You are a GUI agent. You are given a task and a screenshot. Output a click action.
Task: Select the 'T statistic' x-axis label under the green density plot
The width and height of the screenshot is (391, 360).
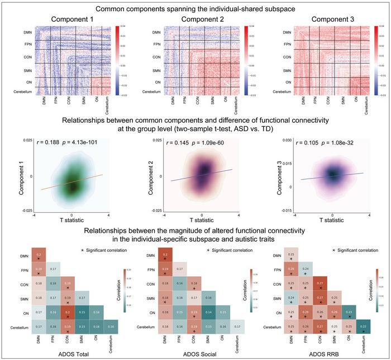[71, 219]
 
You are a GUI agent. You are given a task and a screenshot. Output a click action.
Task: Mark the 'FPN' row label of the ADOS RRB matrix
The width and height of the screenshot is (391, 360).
[282, 270]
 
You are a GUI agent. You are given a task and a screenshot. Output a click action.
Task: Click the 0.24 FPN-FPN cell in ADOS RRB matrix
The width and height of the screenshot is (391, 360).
[306, 270]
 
